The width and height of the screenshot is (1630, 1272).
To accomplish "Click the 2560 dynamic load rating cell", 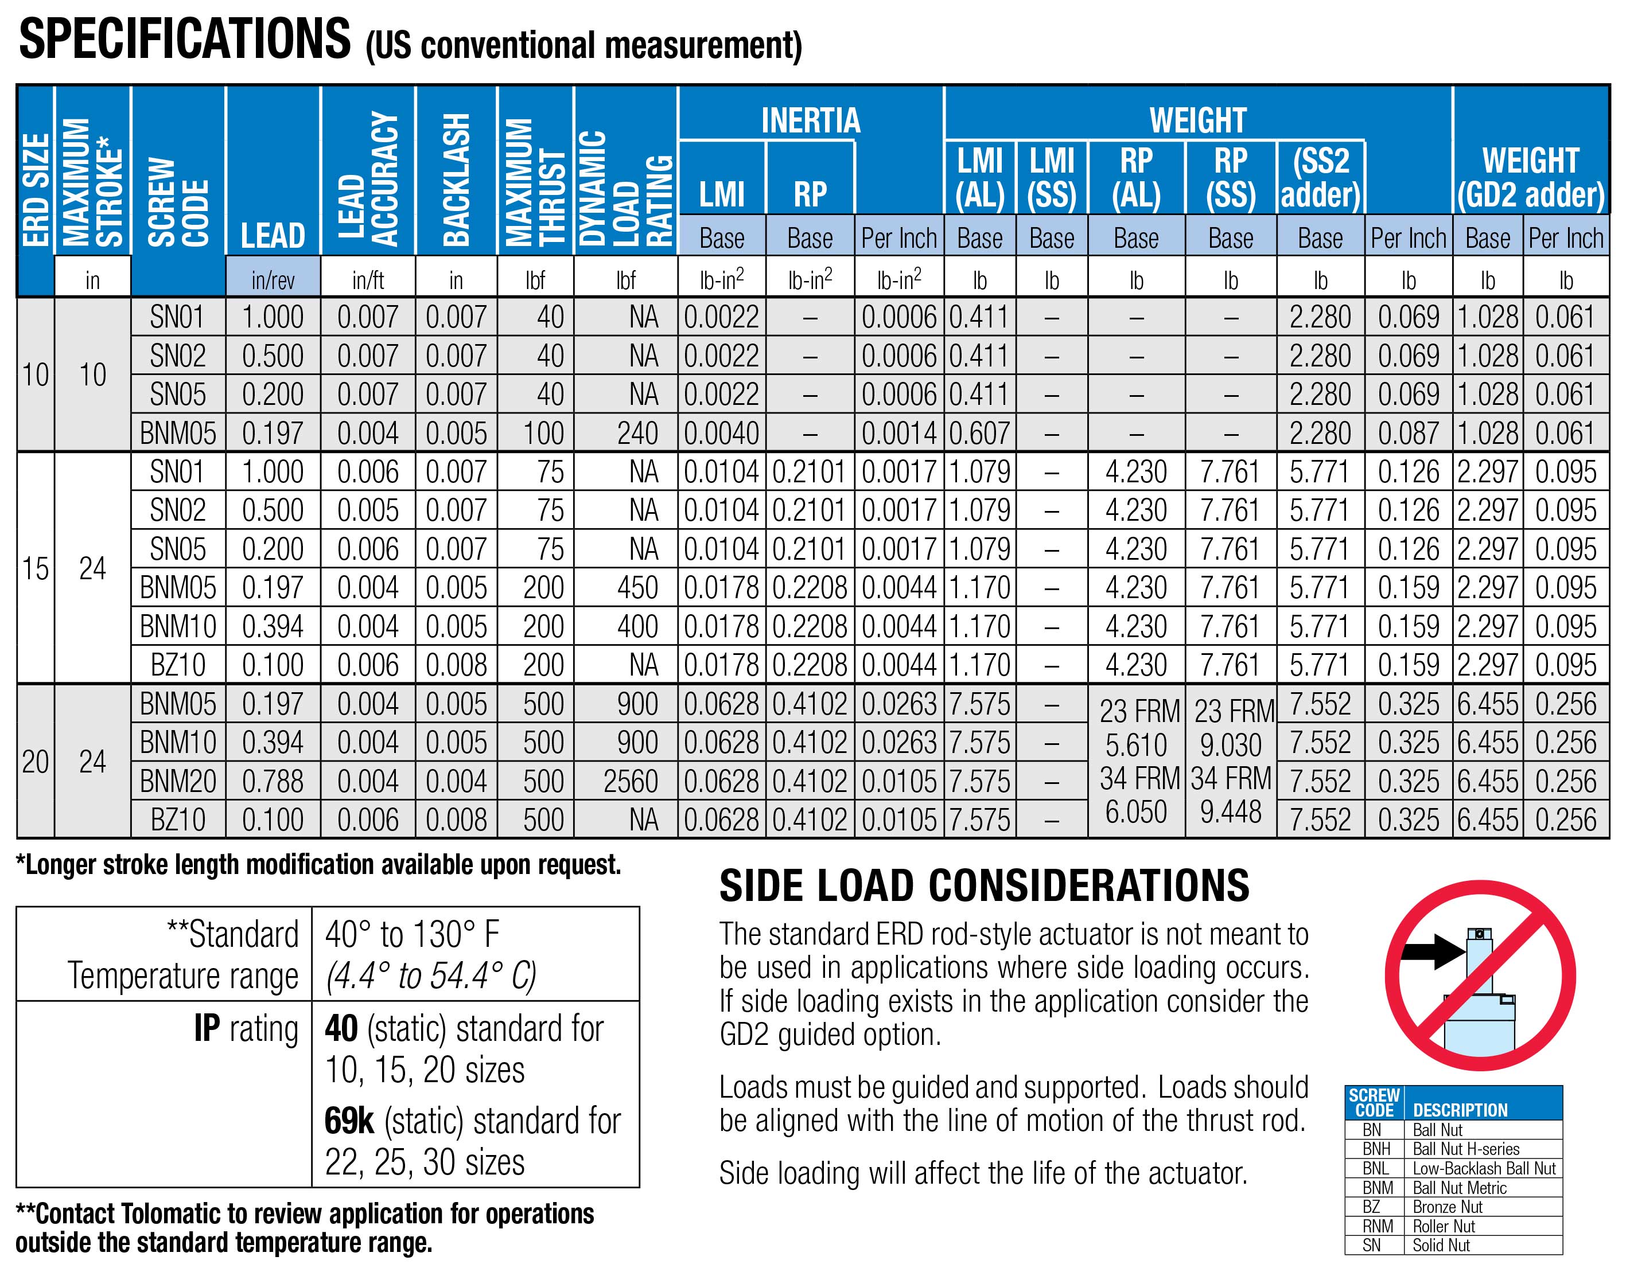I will [x=631, y=782].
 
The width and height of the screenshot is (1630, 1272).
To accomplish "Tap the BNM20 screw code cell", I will [x=178, y=782].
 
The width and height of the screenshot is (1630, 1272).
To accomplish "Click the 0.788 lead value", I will [x=273, y=782].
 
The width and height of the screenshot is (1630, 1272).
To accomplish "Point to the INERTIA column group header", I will [x=811, y=120].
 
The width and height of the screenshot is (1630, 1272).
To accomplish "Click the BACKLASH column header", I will [x=456, y=179].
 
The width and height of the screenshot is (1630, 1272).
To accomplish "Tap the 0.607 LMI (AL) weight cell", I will [x=979, y=434].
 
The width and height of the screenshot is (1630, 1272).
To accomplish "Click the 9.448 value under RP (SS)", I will [x=1230, y=811].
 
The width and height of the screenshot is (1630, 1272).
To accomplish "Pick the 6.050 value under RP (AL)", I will [x=1135, y=811].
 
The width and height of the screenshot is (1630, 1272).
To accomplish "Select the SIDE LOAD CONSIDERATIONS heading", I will [x=983, y=886].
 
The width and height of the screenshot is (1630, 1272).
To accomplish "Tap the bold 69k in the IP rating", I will [x=348, y=1121].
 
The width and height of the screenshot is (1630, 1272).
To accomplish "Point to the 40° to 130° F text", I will [x=412, y=935].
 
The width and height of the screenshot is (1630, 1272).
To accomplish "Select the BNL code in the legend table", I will [x=1375, y=1168].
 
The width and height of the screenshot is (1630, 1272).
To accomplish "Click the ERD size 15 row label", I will [x=35, y=568].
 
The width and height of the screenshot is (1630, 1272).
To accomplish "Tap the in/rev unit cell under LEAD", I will [x=273, y=280].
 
